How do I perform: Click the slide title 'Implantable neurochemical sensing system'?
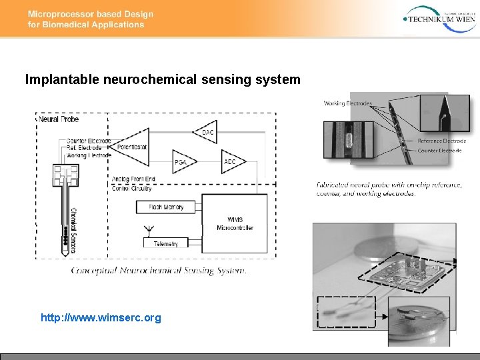coord(163,80)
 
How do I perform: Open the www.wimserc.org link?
coord(101,318)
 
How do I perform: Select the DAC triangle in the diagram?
coord(205,132)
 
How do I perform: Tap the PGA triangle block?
coord(181,161)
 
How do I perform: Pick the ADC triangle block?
coord(231,161)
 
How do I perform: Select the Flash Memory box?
coord(166,207)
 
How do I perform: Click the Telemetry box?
coord(166,243)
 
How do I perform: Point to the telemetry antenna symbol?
coord(147,231)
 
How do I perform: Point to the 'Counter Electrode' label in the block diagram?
coord(89,141)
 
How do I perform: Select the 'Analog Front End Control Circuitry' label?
coord(133,183)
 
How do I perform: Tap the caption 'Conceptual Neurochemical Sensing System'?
coord(159,271)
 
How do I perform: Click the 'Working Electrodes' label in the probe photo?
coord(347,103)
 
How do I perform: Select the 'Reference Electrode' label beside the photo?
coord(441,141)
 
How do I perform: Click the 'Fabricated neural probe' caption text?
coord(389,189)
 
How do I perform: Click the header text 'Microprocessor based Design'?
coord(90,14)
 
